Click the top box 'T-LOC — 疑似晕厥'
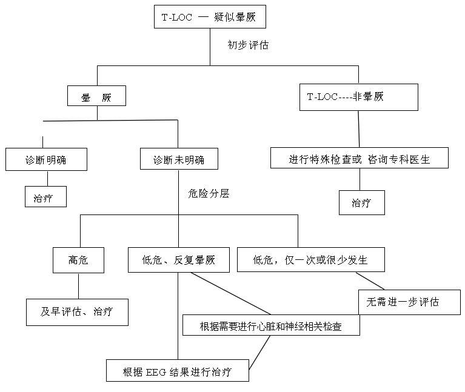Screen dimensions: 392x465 [x=210, y=17]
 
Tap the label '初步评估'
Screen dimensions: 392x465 [x=247, y=45]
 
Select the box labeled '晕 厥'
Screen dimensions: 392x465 [x=96, y=96]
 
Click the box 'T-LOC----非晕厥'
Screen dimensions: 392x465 [x=358, y=97]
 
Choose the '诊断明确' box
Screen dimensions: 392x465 [x=46, y=160]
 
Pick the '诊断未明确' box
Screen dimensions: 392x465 [x=178, y=160]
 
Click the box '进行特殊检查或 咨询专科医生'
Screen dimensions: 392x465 [x=359, y=159]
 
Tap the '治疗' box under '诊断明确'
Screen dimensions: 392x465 [x=46, y=197]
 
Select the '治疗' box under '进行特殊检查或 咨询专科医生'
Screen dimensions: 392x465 [x=361, y=203]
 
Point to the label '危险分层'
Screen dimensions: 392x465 [x=209, y=194]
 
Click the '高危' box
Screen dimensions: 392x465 [x=79, y=261]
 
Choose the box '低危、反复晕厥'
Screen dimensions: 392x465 [x=179, y=261]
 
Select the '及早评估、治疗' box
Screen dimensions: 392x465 [x=76, y=312]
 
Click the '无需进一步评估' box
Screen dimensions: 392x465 [x=409, y=302]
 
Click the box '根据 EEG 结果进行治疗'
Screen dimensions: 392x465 [x=178, y=370]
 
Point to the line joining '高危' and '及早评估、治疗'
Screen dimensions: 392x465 [x=79, y=285]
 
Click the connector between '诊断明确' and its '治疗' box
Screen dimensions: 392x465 [x=47, y=178]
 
